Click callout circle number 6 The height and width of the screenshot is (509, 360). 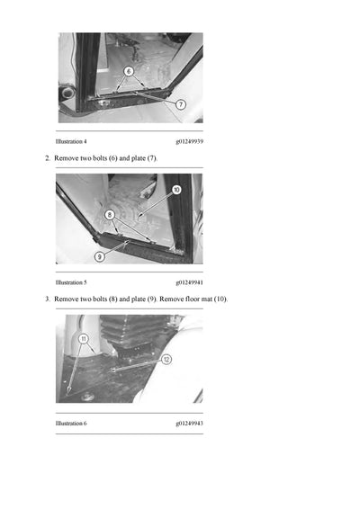(129, 70)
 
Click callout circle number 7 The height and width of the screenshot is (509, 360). (181, 104)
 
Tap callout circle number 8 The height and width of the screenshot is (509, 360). (109, 215)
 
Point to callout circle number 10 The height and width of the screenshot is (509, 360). (175, 190)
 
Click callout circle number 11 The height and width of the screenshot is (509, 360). (83, 339)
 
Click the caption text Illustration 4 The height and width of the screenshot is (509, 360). (71, 142)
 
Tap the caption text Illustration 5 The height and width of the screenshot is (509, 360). (71, 282)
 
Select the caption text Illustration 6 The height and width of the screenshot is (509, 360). (71, 423)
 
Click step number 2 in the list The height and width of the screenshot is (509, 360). (48, 158)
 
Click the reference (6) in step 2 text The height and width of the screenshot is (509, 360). (107, 158)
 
